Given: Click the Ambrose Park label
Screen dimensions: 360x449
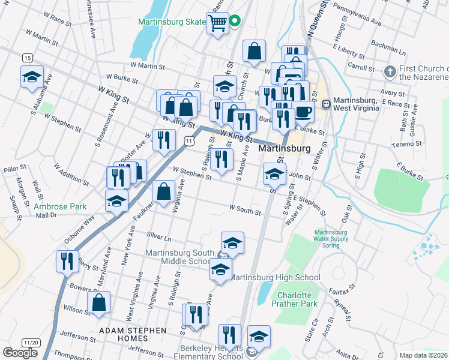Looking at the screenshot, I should coord(60,206).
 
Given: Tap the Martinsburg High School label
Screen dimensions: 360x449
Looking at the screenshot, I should coord(276,277).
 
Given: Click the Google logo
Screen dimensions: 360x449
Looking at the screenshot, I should coord(20,353).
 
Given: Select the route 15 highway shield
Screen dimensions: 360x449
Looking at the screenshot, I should coord(27,58).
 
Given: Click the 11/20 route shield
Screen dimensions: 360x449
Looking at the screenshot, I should coord(30,342).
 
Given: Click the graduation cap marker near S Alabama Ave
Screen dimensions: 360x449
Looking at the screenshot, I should coord(32,77).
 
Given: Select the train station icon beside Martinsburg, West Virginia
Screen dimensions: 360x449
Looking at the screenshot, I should coord(327,104).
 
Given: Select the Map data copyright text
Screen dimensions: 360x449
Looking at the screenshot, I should coord(424,355).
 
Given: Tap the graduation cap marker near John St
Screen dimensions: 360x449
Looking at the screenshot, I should coord(274,174).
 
